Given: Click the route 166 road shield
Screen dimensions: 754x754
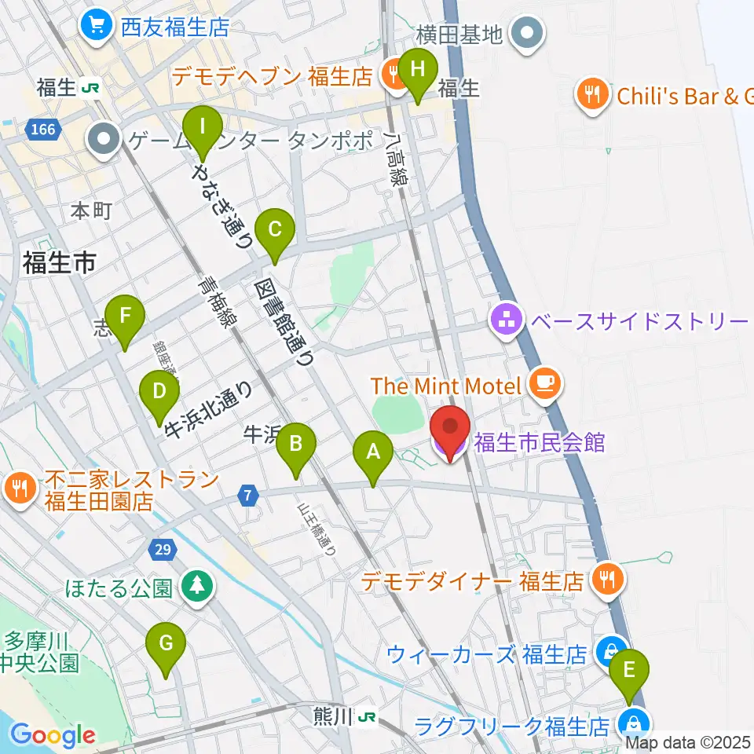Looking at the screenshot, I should pyautogui.click(x=44, y=128).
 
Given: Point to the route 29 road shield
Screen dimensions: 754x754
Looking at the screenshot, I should pyautogui.click(x=161, y=550).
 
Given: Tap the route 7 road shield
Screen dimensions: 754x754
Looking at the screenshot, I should pyautogui.click(x=248, y=496).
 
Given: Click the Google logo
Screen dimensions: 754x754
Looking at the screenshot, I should pyautogui.click(x=53, y=735).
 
